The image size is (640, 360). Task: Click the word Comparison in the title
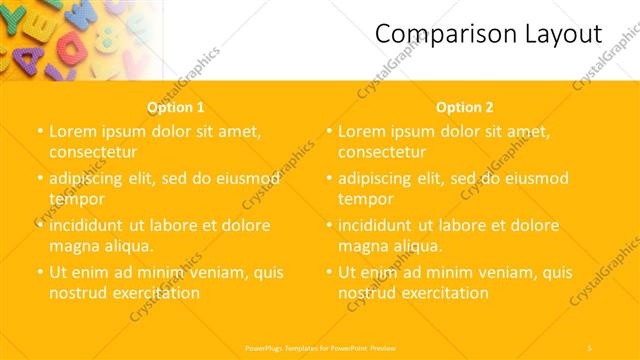(x=441, y=35)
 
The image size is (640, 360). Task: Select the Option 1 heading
(x=176, y=107)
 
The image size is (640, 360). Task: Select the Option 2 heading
(x=464, y=107)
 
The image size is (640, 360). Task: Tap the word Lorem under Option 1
(x=73, y=131)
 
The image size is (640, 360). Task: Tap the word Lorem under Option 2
(x=362, y=131)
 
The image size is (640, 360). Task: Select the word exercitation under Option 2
(x=441, y=293)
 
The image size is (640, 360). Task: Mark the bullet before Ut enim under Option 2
(x=330, y=272)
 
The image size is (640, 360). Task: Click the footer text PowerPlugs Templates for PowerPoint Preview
(x=321, y=347)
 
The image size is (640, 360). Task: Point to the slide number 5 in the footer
(x=590, y=347)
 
